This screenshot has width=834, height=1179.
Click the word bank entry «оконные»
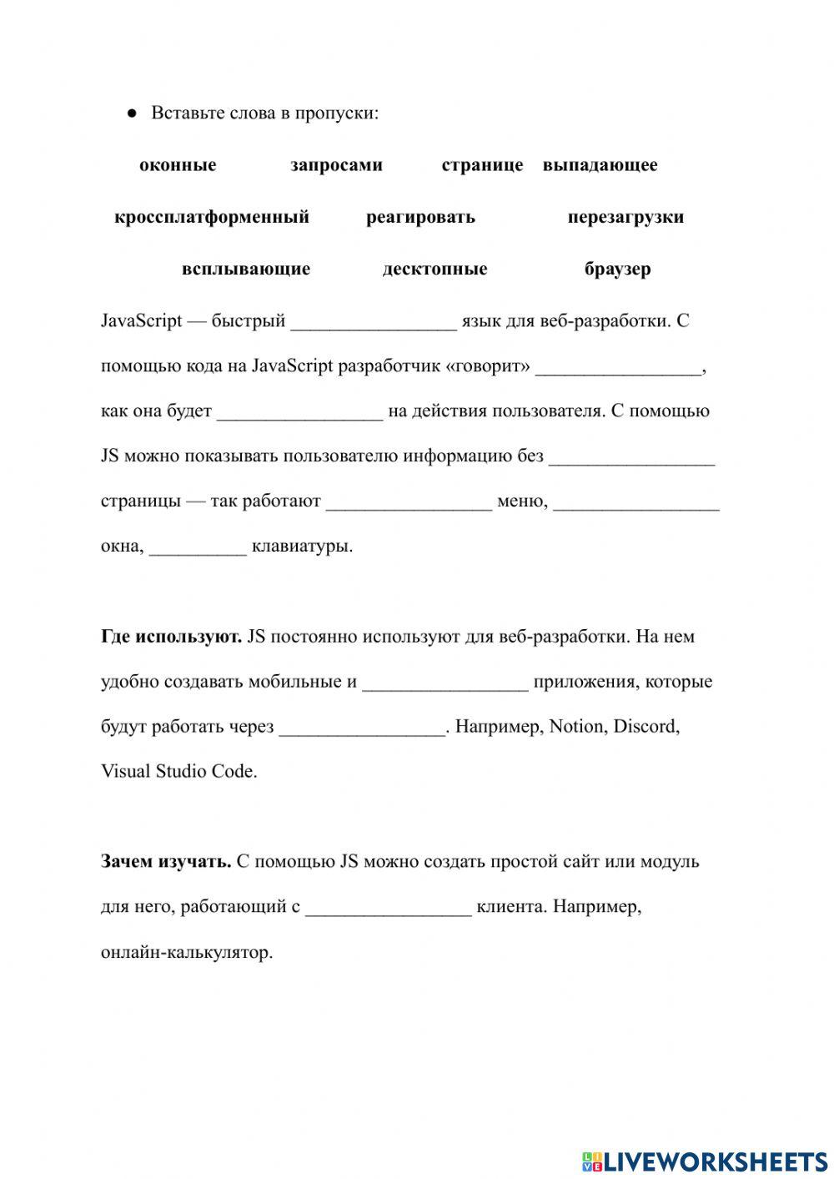[178, 165]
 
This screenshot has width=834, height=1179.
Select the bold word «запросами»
[336, 165]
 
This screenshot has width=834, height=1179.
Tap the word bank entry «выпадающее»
[600, 165]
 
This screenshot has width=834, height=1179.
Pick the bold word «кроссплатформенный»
[212, 217]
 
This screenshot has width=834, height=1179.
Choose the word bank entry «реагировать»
[420, 217]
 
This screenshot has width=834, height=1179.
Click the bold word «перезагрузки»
[625, 217]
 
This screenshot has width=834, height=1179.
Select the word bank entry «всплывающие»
[246, 269]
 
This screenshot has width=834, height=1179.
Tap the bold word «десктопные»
[435, 269]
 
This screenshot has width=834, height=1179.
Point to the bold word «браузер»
[618, 269]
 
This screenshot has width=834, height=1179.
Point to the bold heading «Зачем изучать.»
[166, 861]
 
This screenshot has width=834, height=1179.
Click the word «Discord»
[646, 726]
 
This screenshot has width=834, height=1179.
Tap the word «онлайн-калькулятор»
[187, 952]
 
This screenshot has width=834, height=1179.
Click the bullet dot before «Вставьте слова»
[132, 113]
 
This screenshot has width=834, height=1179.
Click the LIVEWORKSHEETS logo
[705, 1161]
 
